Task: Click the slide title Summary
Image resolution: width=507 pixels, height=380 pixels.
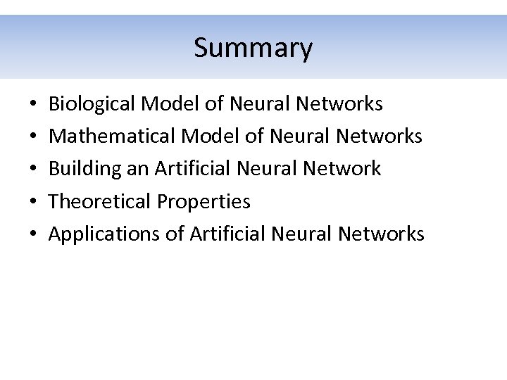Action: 253,49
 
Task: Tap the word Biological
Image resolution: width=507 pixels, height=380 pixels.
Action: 92,104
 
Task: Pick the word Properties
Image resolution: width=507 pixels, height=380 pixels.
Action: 204,201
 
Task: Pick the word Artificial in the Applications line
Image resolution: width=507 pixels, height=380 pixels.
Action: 228,234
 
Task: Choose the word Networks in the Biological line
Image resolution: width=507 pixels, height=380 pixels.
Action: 339,104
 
